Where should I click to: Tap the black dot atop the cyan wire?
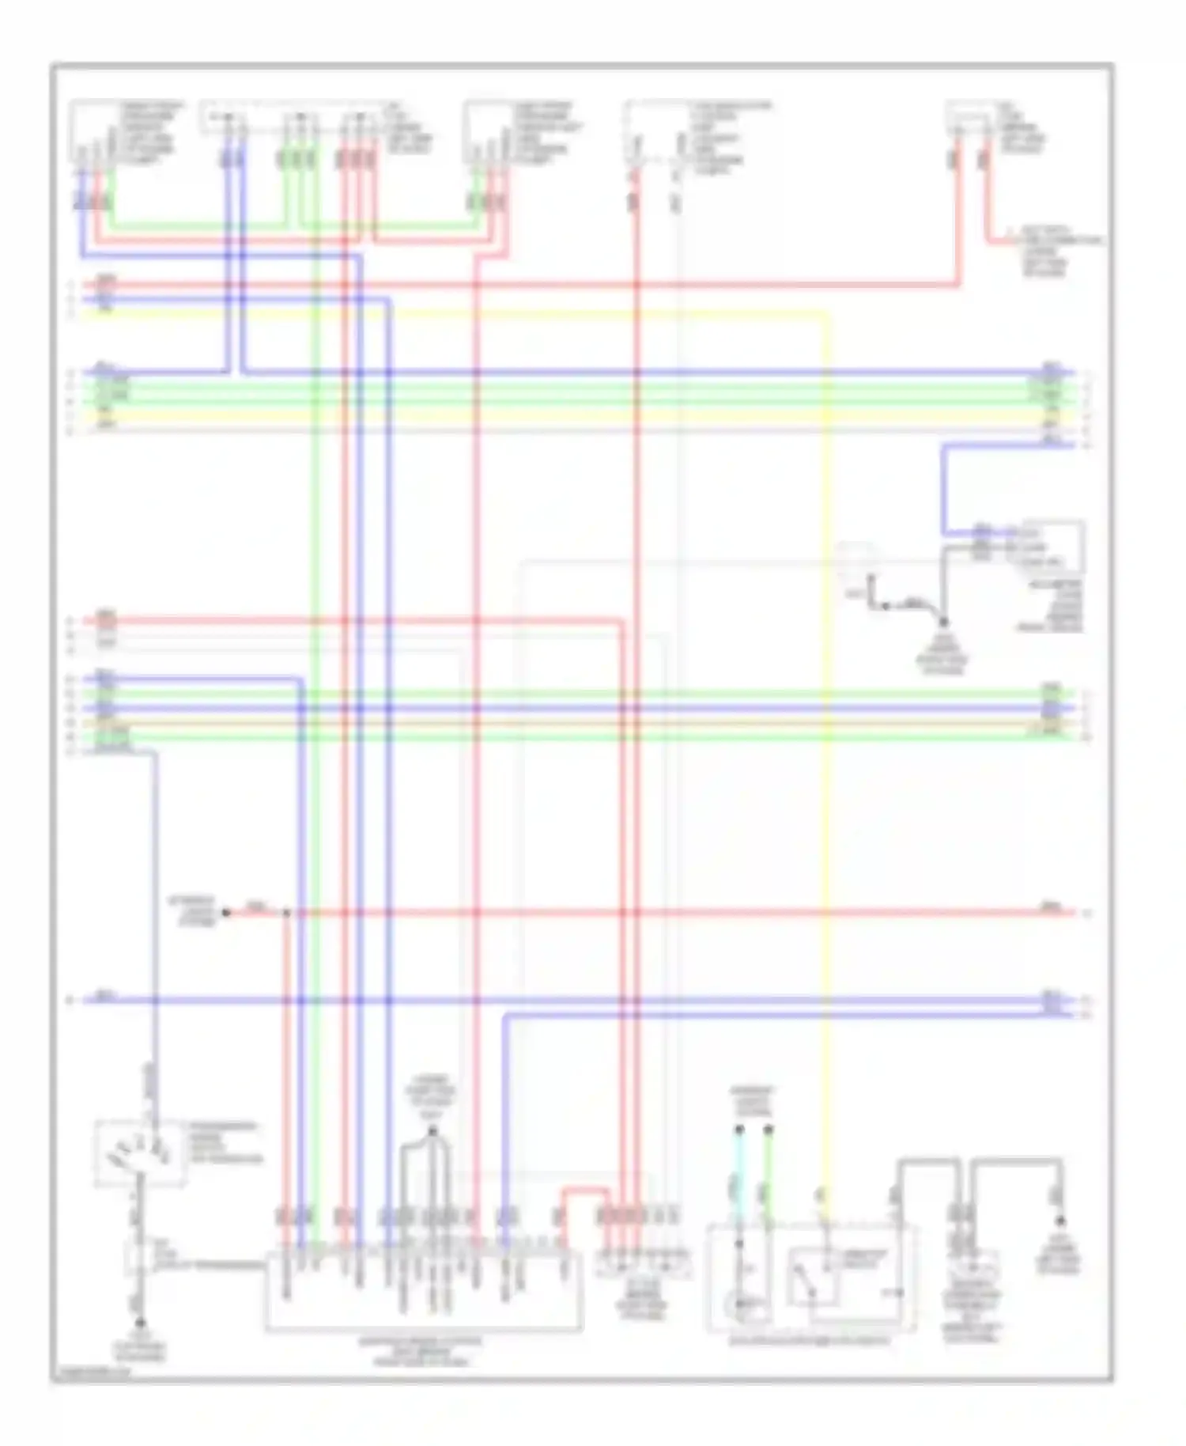point(738,1130)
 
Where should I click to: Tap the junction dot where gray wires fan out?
point(432,1132)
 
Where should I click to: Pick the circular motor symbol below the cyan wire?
point(742,1304)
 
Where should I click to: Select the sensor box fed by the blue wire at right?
point(1052,547)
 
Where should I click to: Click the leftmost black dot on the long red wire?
point(226,912)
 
